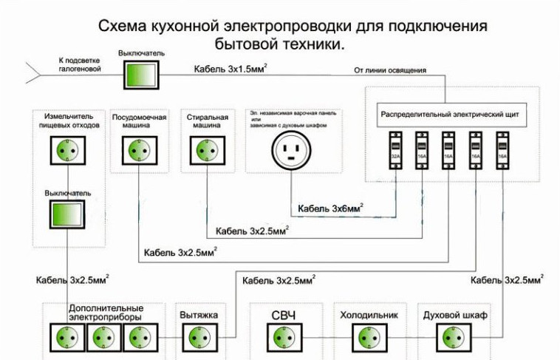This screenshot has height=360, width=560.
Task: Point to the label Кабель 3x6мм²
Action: (330, 208)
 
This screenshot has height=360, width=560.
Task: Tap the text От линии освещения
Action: (390, 71)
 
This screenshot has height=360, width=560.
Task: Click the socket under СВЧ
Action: (284, 338)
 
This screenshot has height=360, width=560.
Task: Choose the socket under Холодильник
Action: (367, 338)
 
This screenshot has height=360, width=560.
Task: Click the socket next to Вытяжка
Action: (198, 338)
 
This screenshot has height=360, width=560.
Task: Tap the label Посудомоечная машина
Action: (139, 121)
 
